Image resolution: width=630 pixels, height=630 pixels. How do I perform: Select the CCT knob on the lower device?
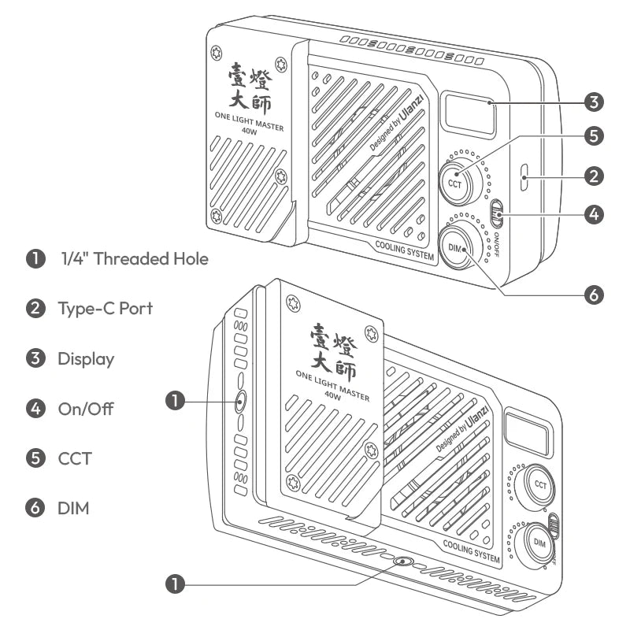coord(540,485)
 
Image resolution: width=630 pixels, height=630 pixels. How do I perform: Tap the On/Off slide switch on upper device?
coord(497,213)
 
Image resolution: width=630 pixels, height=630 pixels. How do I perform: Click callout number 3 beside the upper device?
coord(595,102)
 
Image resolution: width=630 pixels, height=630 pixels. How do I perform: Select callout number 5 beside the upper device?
coord(595,135)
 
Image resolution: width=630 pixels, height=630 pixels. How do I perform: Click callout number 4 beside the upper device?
coord(595,213)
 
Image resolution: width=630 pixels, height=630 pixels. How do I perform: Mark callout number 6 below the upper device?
coord(595,295)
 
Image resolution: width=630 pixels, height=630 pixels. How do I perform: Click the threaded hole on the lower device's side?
coord(239,402)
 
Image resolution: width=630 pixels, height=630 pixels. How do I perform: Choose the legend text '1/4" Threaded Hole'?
coord(135,258)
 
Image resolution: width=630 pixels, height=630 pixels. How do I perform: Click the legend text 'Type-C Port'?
coord(105,308)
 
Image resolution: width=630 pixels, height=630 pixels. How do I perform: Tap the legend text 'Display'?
coord(86,359)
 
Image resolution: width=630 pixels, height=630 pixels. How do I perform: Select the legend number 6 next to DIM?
coord(35,508)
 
